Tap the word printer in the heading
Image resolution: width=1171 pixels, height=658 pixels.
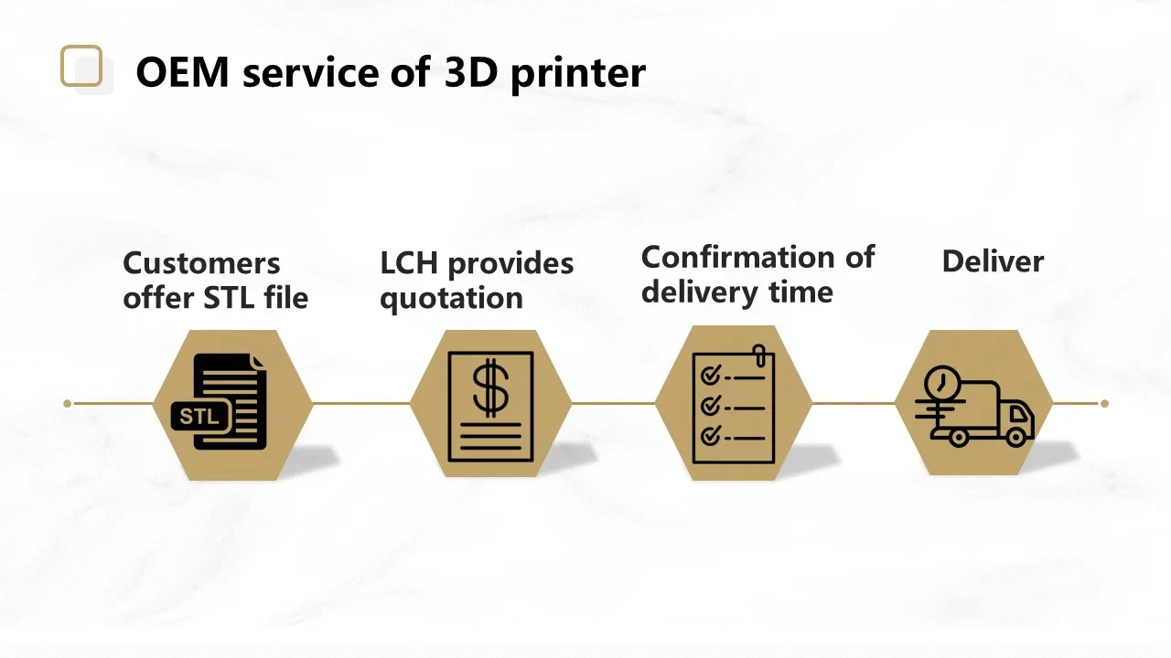tap(577, 73)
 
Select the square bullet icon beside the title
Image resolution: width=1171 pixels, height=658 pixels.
tap(82, 67)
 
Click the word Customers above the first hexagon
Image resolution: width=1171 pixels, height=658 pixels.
tap(201, 263)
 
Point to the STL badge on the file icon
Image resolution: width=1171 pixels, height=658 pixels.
tap(200, 418)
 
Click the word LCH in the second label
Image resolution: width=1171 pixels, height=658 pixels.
tap(409, 263)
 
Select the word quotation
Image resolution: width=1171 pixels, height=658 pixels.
tap(451, 299)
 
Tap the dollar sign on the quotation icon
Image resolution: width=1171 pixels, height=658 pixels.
tap(491, 387)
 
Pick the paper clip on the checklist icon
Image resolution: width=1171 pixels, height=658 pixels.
tap(758, 355)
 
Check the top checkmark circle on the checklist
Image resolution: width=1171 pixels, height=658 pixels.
tap(709, 377)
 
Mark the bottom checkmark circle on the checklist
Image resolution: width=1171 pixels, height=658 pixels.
tap(709, 436)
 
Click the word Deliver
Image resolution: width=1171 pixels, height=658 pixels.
tap(993, 261)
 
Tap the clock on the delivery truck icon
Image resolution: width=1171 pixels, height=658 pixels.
tap(941, 383)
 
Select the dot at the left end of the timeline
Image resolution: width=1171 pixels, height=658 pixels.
tap(68, 403)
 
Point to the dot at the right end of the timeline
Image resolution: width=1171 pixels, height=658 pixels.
tap(1104, 403)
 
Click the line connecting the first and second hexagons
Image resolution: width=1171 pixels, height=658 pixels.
tap(361, 403)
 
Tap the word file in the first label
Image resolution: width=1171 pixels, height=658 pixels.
tap(285, 298)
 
